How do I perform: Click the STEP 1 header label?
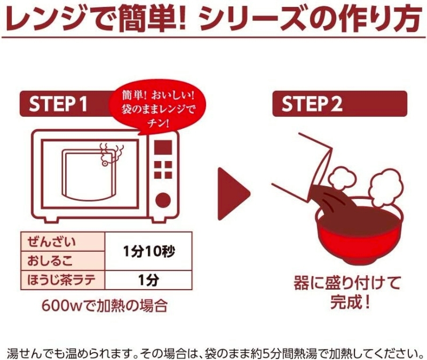coord(58,104)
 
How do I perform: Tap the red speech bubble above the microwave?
coord(157,110)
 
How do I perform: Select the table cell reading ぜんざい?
coord(63,242)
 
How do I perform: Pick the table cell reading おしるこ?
coord(63,261)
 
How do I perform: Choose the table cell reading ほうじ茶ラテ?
coord(63,280)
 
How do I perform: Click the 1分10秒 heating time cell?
coord(148,251)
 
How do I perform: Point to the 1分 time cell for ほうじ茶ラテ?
coord(148,280)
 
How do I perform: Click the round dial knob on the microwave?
coord(163,201)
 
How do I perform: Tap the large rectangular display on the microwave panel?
coord(163,148)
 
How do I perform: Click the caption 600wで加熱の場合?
coord(104,306)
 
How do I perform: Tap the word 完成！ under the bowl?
coord(350,301)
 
